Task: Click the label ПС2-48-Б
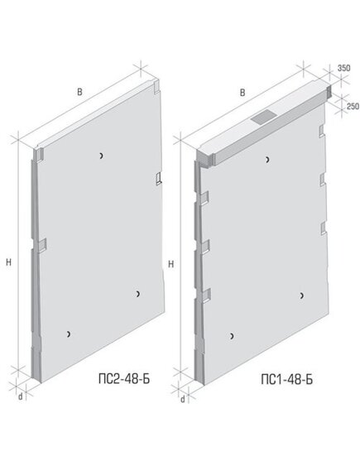(124, 379)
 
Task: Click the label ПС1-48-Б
(286, 379)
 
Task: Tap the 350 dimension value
(343, 68)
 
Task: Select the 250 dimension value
(353, 106)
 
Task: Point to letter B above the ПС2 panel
(79, 92)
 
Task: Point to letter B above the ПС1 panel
(242, 93)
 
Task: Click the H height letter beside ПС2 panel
(9, 262)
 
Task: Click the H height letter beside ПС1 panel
(170, 264)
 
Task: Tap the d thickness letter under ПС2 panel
(21, 397)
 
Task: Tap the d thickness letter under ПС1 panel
(183, 400)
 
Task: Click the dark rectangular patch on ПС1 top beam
(262, 116)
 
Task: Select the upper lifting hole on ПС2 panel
(102, 156)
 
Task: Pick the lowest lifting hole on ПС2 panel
(69, 334)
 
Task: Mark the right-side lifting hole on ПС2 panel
(138, 294)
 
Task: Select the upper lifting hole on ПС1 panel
(267, 160)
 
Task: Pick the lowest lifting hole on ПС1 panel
(232, 336)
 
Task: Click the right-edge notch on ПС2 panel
(159, 179)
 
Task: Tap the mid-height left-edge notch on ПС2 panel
(42, 245)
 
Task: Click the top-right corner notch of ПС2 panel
(156, 86)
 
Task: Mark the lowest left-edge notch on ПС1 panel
(206, 296)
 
